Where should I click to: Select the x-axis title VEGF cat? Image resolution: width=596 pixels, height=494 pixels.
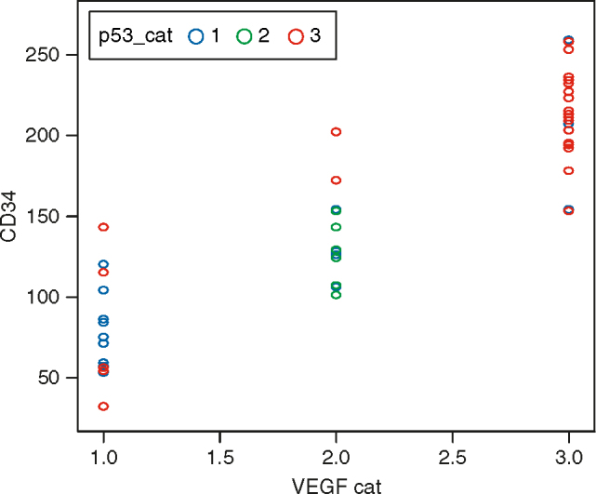click(x=336, y=484)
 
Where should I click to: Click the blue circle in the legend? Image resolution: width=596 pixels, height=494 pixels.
click(x=196, y=36)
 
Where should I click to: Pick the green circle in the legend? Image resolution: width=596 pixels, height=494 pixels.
click(x=245, y=36)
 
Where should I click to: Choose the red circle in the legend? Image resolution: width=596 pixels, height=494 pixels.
click(x=297, y=36)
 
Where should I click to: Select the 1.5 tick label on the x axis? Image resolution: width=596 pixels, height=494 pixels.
click(x=219, y=459)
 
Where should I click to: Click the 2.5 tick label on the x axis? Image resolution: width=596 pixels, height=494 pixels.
click(x=452, y=459)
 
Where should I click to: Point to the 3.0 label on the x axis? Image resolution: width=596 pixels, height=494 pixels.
click(x=568, y=459)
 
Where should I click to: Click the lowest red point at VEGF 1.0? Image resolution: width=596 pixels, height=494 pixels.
click(x=103, y=407)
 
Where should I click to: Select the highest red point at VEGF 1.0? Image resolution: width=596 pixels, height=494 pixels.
click(x=103, y=227)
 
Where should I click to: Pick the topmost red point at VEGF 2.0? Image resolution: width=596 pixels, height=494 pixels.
click(x=336, y=132)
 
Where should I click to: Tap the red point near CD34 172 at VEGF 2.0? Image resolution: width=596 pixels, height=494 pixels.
click(x=336, y=180)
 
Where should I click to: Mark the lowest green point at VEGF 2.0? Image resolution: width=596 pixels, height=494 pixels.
click(x=336, y=295)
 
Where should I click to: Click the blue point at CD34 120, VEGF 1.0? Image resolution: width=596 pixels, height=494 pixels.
click(x=103, y=264)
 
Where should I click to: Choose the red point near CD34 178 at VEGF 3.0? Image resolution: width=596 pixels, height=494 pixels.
click(x=568, y=171)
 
